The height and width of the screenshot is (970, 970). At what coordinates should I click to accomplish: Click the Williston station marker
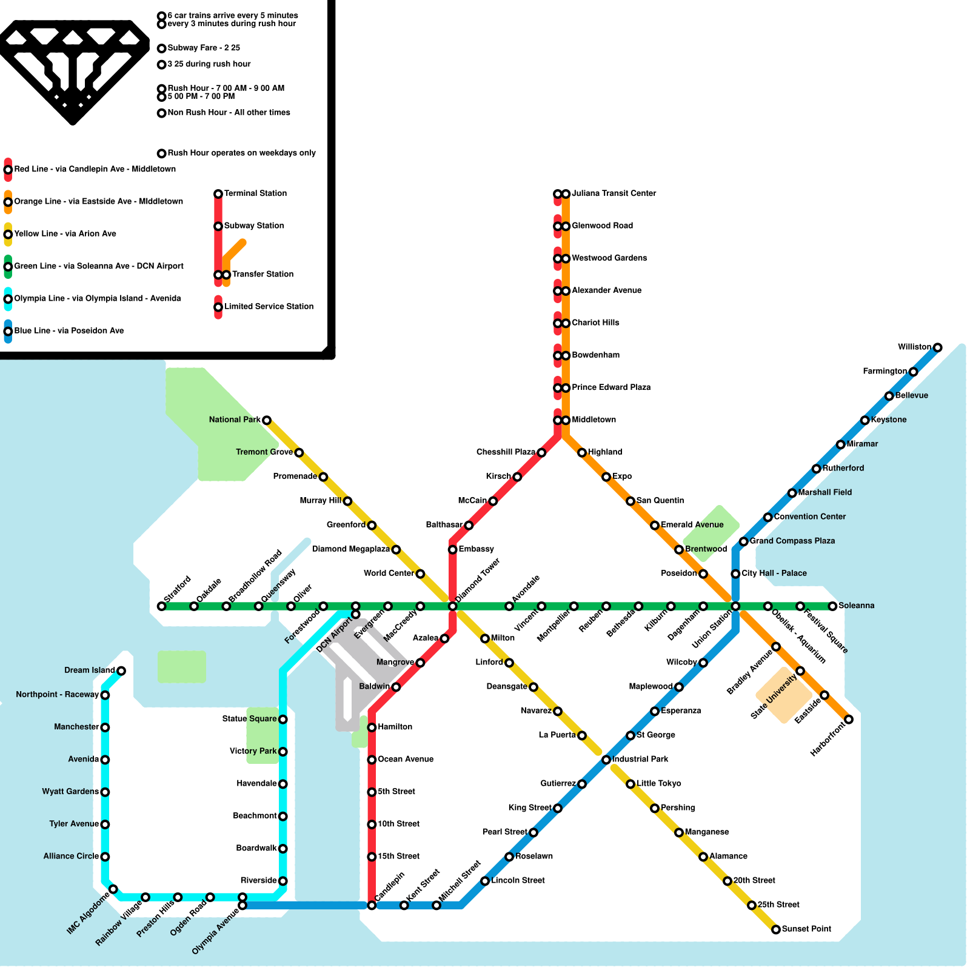[937, 347]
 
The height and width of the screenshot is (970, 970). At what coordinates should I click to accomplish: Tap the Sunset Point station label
[806, 929]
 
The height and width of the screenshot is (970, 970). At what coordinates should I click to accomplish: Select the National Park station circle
[266, 420]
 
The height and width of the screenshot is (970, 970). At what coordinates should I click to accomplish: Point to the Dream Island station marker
[121, 671]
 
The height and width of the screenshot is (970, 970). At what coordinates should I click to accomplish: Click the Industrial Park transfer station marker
[606, 760]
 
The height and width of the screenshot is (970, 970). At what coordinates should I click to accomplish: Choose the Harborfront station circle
[849, 720]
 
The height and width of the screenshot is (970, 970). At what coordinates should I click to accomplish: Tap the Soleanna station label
[856, 606]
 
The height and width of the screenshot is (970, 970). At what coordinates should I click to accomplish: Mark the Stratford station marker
[161, 606]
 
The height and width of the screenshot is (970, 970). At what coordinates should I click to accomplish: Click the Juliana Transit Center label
[614, 193]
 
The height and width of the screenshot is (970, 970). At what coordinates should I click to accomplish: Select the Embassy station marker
[452, 550]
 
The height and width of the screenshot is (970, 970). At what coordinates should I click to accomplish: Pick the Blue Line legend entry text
[69, 330]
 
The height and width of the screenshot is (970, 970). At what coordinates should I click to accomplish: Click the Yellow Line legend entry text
[65, 233]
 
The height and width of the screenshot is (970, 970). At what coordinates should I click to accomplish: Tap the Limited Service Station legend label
[269, 306]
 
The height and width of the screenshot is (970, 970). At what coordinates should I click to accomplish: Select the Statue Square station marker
[283, 720]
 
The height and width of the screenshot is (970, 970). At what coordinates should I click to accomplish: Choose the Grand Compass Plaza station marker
[743, 541]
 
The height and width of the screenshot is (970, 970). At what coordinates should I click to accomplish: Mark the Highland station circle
[582, 453]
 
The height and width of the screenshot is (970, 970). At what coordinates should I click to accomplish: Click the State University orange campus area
[784, 695]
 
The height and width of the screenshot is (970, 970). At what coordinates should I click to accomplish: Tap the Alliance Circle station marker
[105, 857]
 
